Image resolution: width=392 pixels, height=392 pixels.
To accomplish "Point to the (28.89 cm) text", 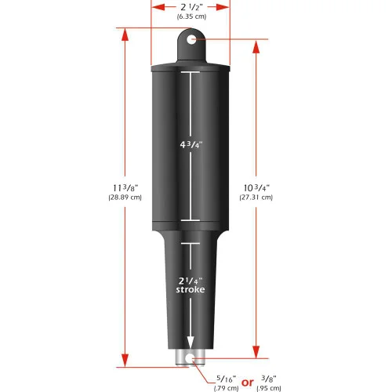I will pyautogui.click(x=125, y=198).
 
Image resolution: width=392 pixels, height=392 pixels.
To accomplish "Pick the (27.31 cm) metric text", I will pyautogui.click(x=256, y=198).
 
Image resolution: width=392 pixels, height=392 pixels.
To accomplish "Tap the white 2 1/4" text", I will pyautogui.click(x=189, y=279).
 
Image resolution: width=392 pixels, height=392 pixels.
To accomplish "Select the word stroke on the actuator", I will pyautogui.click(x=189, y=291).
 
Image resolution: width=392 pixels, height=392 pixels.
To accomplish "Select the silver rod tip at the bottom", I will pyautogui.click(x=189, y=358).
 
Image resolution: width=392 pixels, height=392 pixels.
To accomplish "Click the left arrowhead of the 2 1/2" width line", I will pyautogui.click(x=154, y=6).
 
